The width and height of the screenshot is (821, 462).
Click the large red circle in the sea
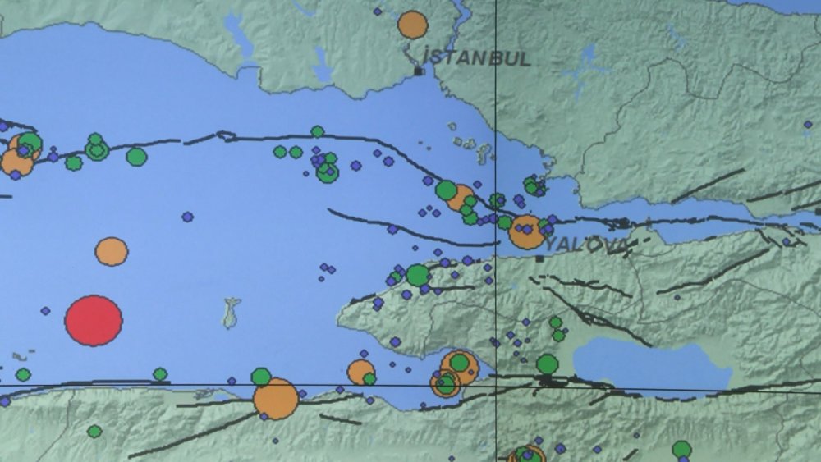(x=94, y=320)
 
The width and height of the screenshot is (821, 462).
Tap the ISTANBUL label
(x=477, y=58)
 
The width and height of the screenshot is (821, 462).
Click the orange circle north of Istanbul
(x=413, y=25)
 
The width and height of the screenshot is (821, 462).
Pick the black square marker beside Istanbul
(x=419, y=72)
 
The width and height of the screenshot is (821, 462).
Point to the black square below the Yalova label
(x=539, y=258)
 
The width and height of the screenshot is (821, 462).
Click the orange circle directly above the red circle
(x=112, y=251)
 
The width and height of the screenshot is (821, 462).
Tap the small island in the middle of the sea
(x=232, y=312)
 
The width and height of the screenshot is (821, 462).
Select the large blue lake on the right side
(x=649, y=364)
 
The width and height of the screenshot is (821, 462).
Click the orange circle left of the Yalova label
(x=526, y=232)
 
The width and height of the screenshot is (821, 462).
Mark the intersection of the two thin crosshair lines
(x=495, y=385)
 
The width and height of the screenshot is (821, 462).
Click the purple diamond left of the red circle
(x=45, y=311)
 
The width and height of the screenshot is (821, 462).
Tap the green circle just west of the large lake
(x=548, y=364)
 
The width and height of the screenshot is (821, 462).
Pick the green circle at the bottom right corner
(x=681, y=449)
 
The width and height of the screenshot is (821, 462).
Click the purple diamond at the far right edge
(x=807, y=125)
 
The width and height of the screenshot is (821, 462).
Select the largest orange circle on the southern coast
(x=275, y=399)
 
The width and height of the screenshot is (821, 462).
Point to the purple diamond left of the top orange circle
(x=378, y=11)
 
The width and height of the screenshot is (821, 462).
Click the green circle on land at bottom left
(x=94, y=431)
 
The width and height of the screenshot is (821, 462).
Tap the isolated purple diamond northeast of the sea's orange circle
(x=187, y=217)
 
